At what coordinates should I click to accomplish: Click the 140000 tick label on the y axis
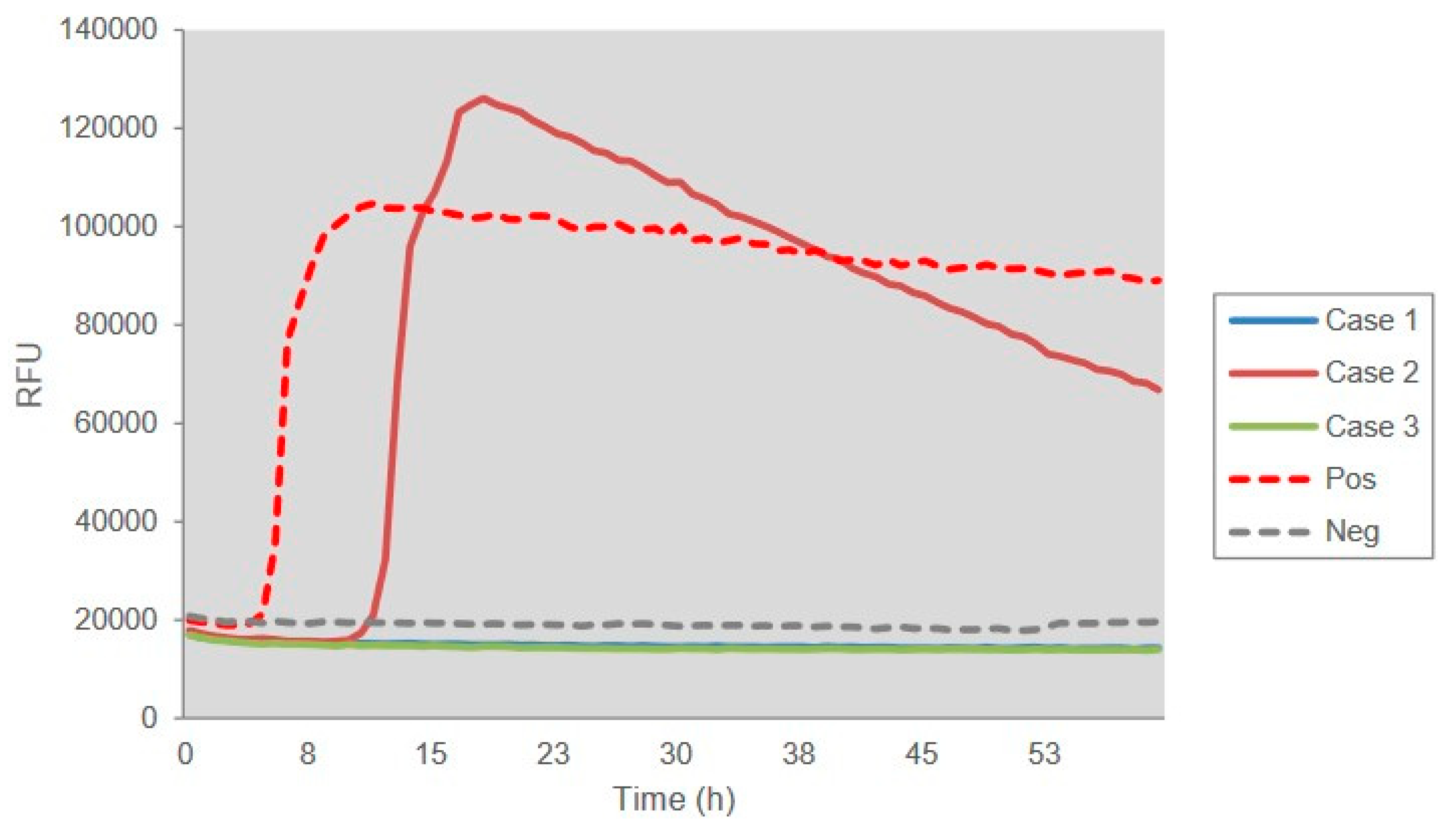pos(108,29)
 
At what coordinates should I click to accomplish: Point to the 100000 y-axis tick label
pos(108,226)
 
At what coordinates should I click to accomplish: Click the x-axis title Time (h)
pos(674,799)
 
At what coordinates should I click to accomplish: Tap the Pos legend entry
pos(1350,479)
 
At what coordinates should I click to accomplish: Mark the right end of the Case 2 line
pos(1160,390)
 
